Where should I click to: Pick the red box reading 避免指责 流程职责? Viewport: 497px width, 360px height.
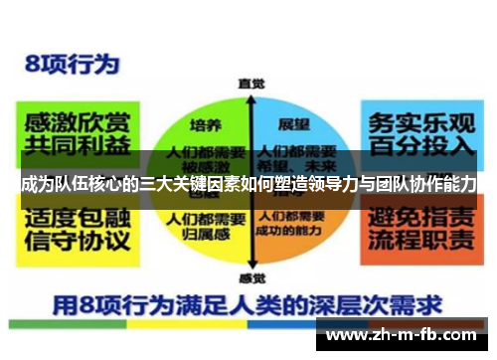point(422,229)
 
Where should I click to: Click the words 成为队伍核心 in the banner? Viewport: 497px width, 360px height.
point(65,185)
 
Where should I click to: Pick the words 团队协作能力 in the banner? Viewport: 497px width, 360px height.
point(427,185)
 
